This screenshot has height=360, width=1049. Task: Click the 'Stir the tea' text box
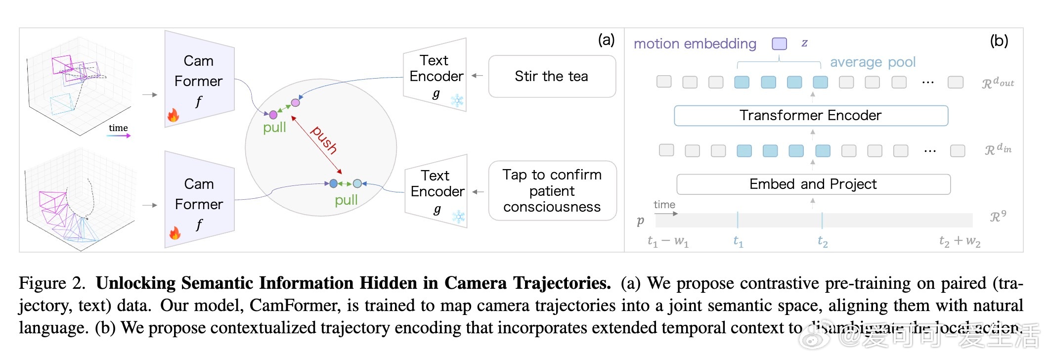[x=552, y=76]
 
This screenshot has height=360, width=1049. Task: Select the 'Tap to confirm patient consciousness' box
[x=552, y=191]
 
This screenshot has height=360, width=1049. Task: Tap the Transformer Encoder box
[x=811, y=115]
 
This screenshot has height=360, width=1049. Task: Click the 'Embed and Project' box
[x=813, y=184]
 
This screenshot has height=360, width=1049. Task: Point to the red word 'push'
[x=324, y=140]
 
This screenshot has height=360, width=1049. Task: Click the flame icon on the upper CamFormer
[x=173, y=115]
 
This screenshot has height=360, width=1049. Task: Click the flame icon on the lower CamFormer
[x=175, y=233]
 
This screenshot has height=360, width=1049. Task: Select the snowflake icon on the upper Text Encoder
[x=457, y=101]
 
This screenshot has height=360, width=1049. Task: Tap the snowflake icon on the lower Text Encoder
[x=459, y=216]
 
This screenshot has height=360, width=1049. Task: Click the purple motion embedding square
[x=779, y=44]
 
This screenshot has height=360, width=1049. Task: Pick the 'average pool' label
[x=873, y=62]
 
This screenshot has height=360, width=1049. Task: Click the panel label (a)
[x=606, y=40]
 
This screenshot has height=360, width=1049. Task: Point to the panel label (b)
[x=999, y=41]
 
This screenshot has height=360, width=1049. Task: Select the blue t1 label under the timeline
[x=738, y=241]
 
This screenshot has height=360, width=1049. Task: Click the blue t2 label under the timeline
[x=823, y=241]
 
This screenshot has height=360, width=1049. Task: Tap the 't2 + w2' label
[x=960, y=241]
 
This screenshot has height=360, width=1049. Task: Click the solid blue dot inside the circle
[x=334, y=183]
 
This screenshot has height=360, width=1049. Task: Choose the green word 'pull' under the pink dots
[x=274, y=128]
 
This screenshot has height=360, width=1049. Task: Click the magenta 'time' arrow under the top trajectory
[x=119, y=135]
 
